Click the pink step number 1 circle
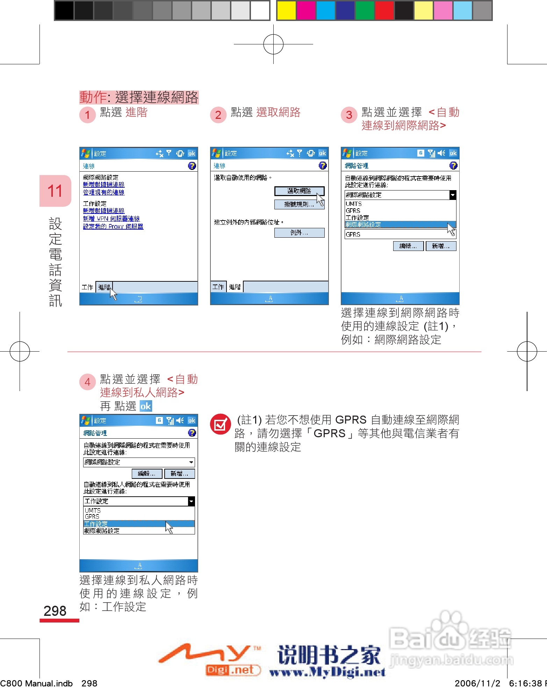87,115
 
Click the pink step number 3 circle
349,115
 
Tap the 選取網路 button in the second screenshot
299,191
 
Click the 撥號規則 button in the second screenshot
299,204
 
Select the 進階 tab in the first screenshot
104,287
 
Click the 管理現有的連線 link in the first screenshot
103,192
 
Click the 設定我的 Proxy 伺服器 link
113,226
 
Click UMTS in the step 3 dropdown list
354,204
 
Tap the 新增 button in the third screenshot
441,246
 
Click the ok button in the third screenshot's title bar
453,153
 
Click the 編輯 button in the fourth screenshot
147,474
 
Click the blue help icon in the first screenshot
192,166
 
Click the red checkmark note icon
220,424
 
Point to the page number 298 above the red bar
55,611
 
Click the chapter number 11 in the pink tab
55,191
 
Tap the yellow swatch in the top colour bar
286,10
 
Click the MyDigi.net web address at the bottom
327,672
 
